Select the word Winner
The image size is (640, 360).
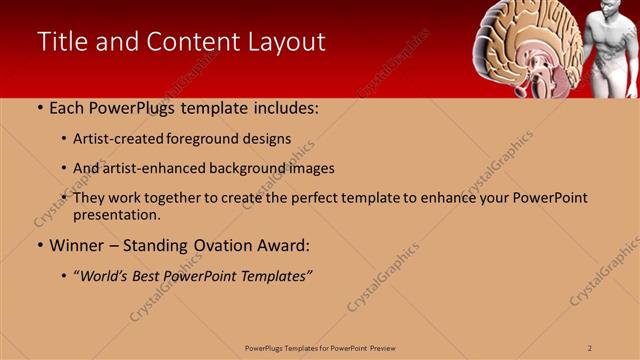click(73, 245)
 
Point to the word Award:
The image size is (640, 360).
click(284, 245)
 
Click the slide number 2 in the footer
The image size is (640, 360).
click(590, 347)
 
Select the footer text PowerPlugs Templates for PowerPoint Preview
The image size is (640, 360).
click(319, 347)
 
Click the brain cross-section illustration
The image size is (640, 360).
click(525, 45)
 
